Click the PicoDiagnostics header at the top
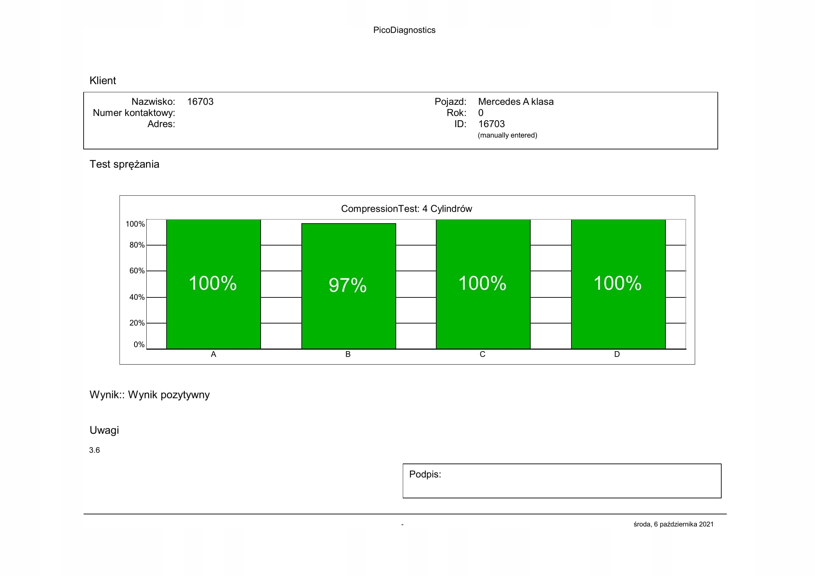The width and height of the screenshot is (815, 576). [x=404, y=30]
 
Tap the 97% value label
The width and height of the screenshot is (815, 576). [x=347, y=285]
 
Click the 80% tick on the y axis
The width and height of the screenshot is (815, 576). [x=137, y=245]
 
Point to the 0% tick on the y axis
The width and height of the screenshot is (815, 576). [x=139, y=344]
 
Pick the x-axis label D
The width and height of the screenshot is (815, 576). [x=617, y=354]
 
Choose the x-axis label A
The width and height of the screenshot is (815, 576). [x=213, y=354]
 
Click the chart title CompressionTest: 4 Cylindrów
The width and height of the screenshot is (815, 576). [x=406, y=209]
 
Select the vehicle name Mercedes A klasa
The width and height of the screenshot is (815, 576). [x=515, y=102]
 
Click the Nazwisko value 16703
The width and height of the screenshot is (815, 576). [x=200, y=102]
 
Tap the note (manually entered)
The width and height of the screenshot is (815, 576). [x=507, y=135]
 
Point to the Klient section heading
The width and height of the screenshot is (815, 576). [x=102, y=81]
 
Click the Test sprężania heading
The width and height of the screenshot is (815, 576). [x=124, y=164]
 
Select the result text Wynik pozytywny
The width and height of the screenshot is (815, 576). [x=169, y=395]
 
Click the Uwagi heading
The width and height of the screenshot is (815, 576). [x=104, y=430]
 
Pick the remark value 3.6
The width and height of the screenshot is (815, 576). [x=94, y=450]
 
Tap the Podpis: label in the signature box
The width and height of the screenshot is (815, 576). [x=425, y=474]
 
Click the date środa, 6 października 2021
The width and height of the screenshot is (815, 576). [x=674, y=524]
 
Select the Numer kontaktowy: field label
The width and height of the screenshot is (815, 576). [x=134, y=113]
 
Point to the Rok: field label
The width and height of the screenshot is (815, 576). [x=456, y=113]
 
